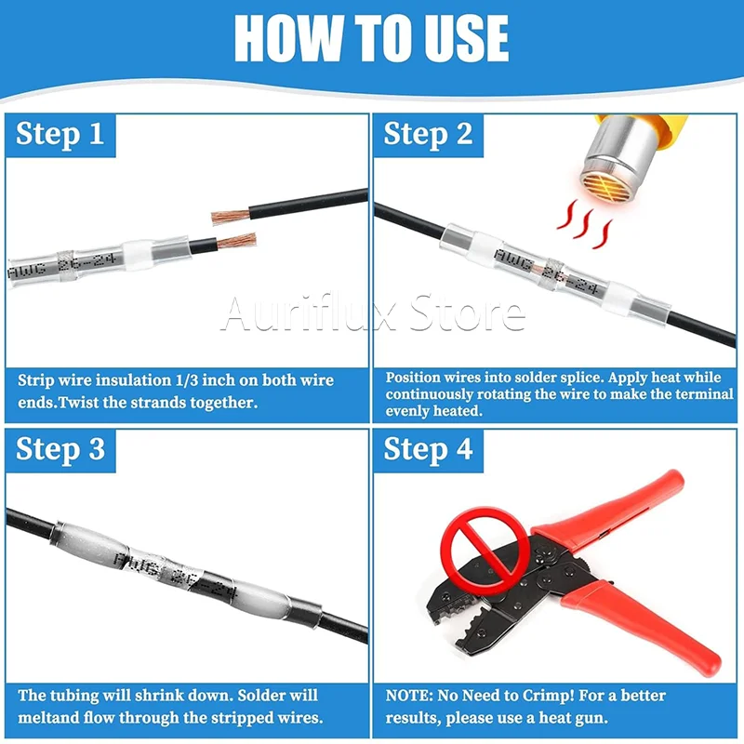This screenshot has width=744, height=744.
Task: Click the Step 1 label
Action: pos(60,134)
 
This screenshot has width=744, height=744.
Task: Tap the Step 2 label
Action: pos(428,134)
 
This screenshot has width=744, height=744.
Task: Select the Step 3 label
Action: pos(60,449)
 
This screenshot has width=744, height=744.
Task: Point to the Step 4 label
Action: pos(428,449)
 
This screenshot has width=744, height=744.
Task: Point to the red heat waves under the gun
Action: pos(585,224)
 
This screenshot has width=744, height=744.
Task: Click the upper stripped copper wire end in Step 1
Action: pos(231,217)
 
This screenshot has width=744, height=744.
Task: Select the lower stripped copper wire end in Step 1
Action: pos(236,241)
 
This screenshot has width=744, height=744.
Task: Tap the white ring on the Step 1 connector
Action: pos(138,255)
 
